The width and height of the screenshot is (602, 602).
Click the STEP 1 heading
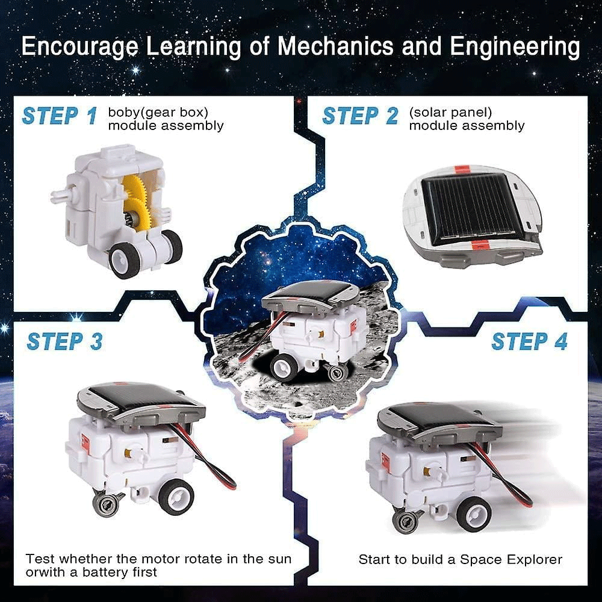59,116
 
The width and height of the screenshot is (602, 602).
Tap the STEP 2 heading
360,116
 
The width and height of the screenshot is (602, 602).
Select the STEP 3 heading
64,341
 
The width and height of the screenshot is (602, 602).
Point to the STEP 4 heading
529,341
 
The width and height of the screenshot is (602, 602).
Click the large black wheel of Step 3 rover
176,496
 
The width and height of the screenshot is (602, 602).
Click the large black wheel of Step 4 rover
473,514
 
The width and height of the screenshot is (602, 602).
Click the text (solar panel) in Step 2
450,112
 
